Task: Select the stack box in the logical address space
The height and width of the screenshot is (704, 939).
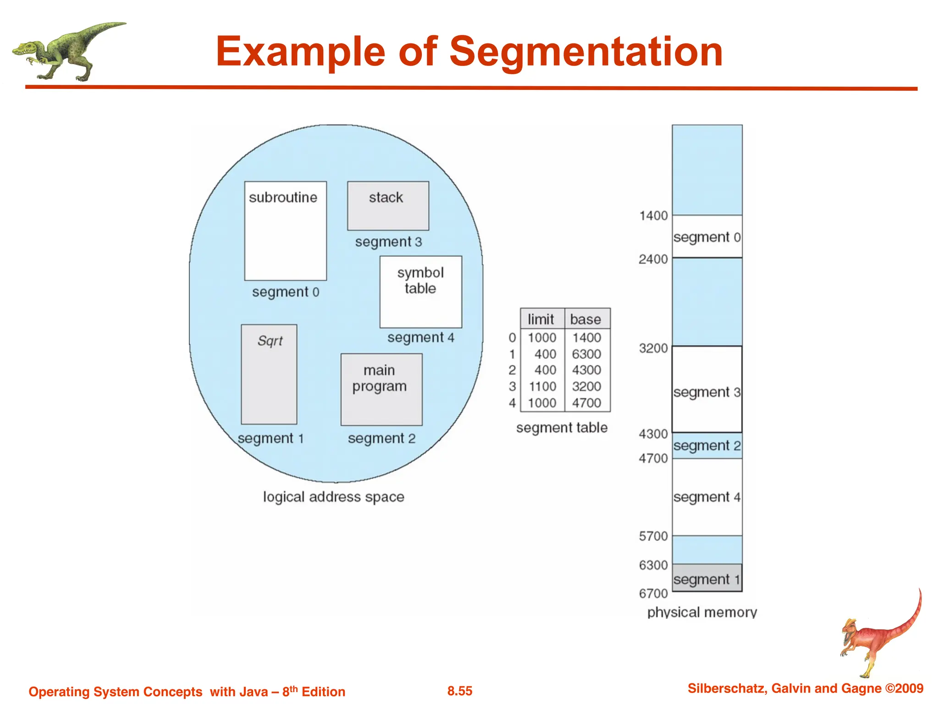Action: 388,206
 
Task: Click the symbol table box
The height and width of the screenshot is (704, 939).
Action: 420,292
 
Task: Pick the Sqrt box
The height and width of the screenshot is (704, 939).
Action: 269,374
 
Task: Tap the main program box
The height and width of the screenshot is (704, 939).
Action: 381,389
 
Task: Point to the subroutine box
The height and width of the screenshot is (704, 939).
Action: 285,231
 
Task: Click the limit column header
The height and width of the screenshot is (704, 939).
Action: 541,319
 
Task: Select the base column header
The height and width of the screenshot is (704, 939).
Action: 585,319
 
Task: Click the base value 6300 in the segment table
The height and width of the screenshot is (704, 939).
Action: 586,354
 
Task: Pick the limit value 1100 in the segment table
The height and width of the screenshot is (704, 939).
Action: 542,386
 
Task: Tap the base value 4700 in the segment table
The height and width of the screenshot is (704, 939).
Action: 586,403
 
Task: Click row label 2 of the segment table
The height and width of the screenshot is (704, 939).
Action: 512,370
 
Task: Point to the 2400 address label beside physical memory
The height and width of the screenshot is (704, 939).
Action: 653,259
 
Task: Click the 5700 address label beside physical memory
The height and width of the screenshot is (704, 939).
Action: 653,536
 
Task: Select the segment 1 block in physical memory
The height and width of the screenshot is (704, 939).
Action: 707,579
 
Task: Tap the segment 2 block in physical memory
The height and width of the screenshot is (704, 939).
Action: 707,445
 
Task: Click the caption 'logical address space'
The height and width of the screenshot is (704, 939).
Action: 333,497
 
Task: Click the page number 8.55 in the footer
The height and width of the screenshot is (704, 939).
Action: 460,691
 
